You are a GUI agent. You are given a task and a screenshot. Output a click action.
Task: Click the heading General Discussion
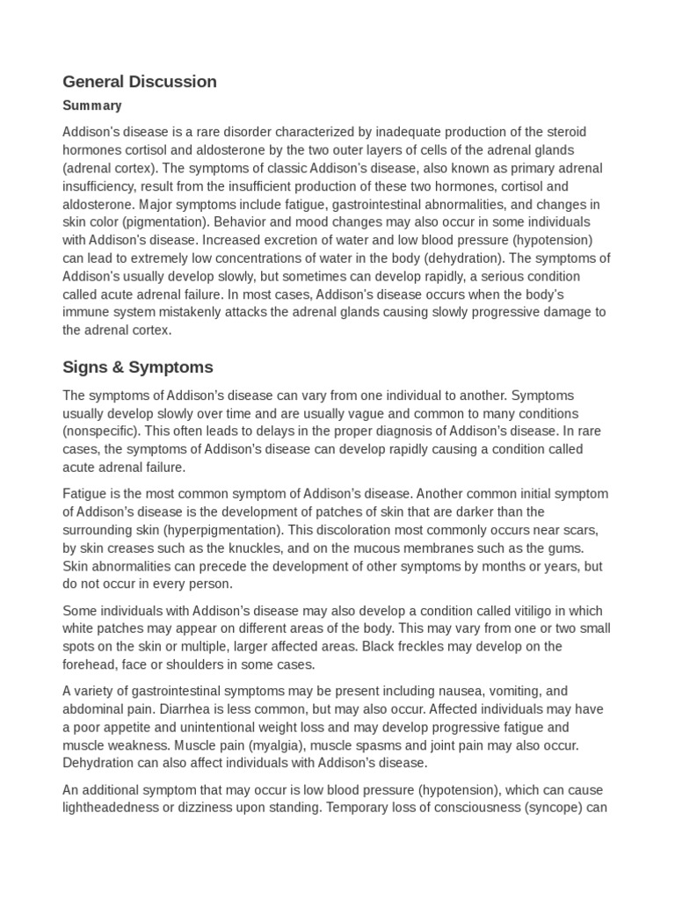(139, 82)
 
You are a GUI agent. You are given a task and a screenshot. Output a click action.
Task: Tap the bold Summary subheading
(91, 105)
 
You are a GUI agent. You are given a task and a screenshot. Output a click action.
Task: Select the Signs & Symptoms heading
(137, 367)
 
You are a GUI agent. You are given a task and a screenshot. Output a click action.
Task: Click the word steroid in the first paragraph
(564, 132)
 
